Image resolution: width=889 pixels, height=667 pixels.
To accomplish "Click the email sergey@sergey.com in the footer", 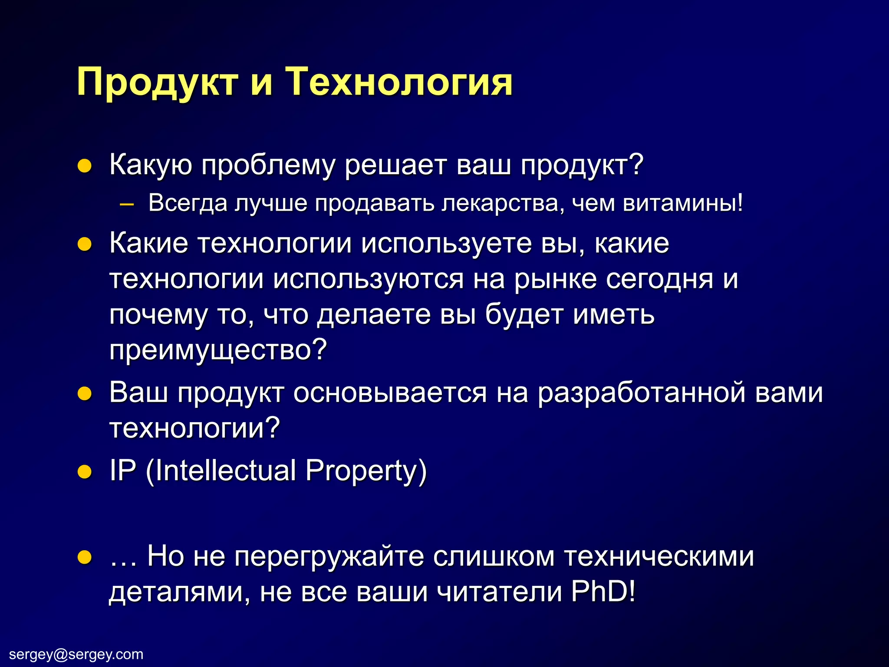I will (76, 654).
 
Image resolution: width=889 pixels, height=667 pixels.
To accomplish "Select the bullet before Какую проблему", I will (84, 166).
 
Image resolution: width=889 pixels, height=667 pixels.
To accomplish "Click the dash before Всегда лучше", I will (126, 204).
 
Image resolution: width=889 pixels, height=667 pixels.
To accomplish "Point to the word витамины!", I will (682, 203).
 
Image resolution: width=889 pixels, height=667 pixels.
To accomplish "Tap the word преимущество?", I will (217, 350).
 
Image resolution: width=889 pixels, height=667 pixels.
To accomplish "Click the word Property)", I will (366, 472).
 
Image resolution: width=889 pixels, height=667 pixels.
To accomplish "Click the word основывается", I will (389, 393).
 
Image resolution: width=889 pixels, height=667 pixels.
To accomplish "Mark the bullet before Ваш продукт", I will (84, 393).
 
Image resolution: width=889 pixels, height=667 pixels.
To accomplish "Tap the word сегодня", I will (659, 279).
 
